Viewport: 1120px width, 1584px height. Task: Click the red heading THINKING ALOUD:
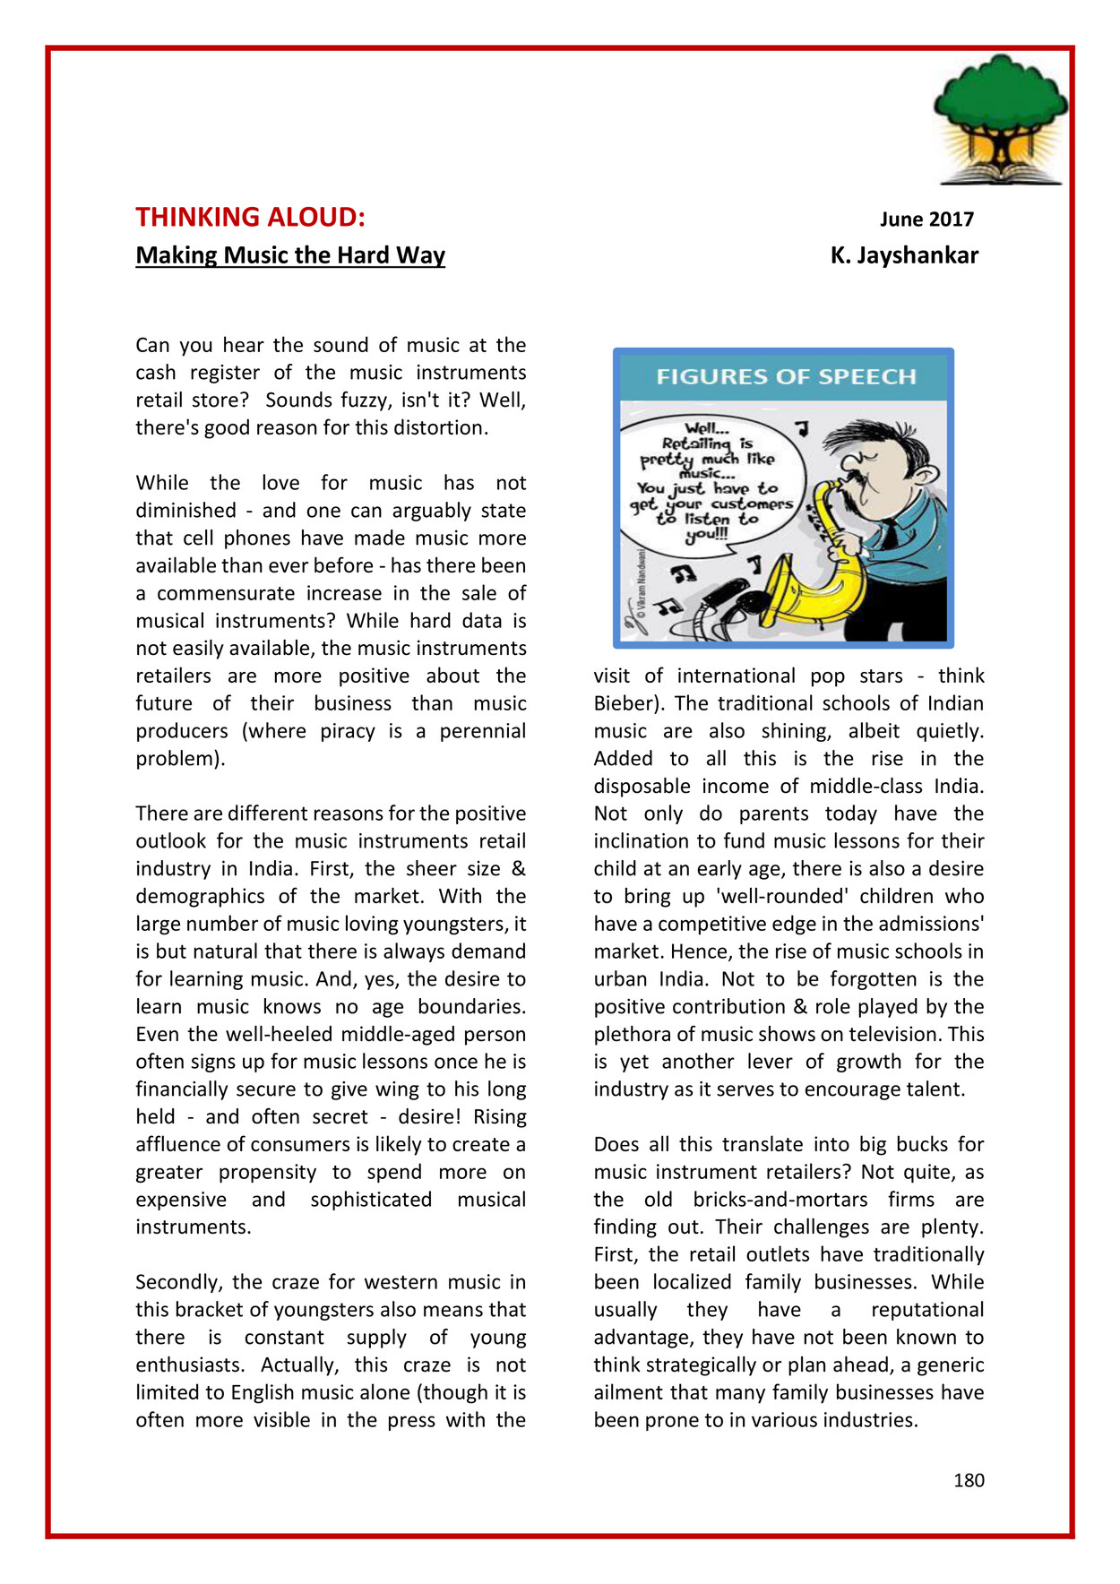(x=250, y=218)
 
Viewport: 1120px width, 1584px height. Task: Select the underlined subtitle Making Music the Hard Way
(x=290, y=255)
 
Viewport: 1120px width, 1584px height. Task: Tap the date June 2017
(x=926, y=220)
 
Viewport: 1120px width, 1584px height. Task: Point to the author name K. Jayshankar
(x=904, y=255)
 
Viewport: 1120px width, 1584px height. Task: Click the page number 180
(x=969, y=1480)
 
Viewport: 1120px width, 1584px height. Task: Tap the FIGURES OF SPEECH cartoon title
(x=786, y=376)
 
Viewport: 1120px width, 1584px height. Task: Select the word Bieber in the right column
(x=621, y=703)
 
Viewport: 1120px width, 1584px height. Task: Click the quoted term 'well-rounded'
(x=788, y=896)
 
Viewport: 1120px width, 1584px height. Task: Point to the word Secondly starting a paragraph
(x=176, y=1282)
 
